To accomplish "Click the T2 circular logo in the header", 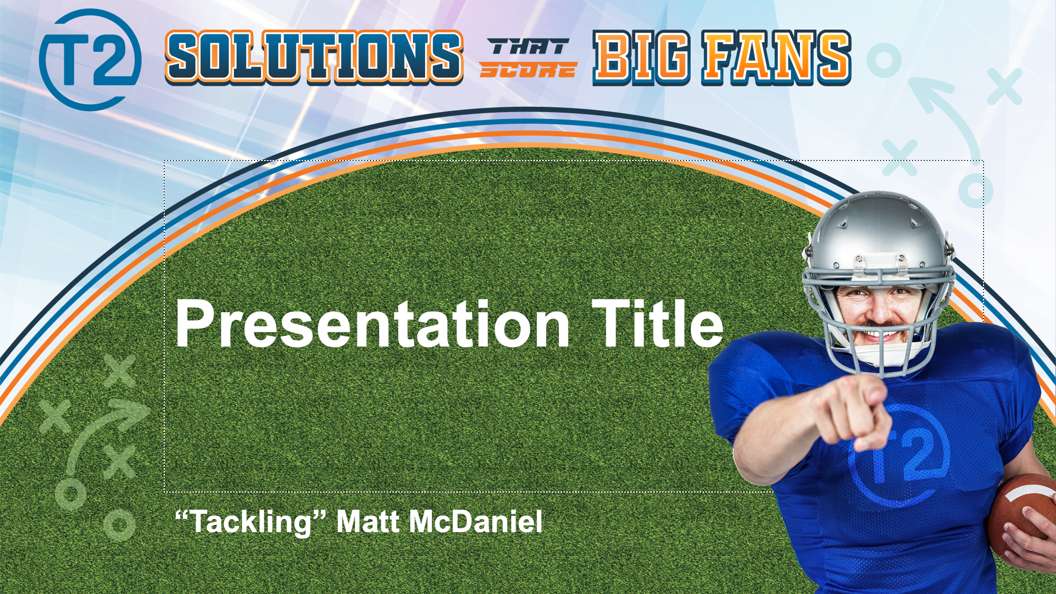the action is click(x=90, y=60).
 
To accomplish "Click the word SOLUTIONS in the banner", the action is click(x=314, y=57).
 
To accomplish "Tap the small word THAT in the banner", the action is click(x=528, y=47).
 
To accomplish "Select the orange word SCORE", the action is click(x=528, y=71).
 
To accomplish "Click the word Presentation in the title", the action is click(x=372, y=324).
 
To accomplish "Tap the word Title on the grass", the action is click(x=657, y=323).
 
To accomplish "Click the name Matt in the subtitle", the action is click(x=368, y=522).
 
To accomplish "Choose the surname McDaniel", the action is click(x=476, y=522).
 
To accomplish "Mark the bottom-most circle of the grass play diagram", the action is click(x=119, y=524).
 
